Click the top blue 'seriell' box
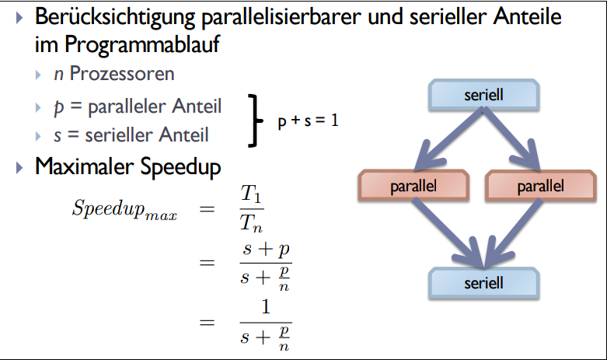coord(484,96)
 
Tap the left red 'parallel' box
coord(413,186)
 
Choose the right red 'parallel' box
coord(540,186)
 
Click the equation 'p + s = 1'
coord(308,121)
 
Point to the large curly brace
coord(253,121)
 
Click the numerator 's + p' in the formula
coord(266,250)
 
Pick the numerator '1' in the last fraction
coord(266,309)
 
